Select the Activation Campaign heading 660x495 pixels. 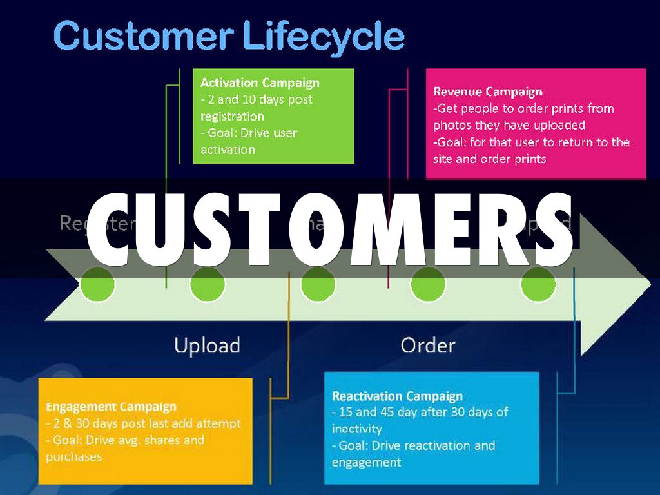tap(260, 83)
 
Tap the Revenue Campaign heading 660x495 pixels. tap(488, 92)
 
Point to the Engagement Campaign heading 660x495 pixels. tap(111, 407)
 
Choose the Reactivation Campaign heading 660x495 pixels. tap(397, 396)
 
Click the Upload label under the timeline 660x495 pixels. tap(207, 345)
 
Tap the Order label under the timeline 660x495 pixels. tap(428, 345)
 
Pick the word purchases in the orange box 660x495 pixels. tap(73, 457)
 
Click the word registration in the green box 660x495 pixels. tap(232, 117)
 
